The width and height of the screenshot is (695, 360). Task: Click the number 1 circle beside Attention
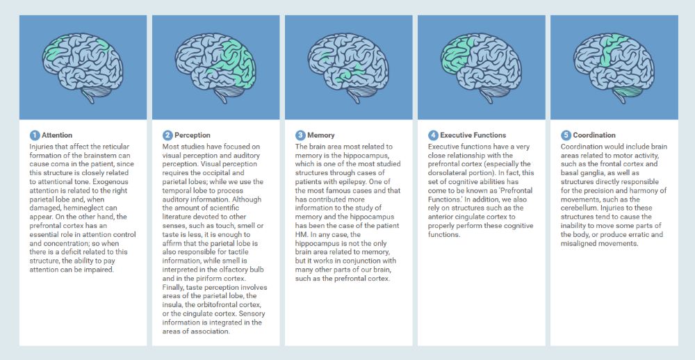(x=35, y=136)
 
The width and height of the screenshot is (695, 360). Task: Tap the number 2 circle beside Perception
(x=167, y=136)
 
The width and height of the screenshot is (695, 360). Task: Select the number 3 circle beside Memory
(x=300, y=136)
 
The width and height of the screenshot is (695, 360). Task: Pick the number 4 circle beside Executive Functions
(x=433, y=136)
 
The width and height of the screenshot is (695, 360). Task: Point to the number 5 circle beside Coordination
(x=566, y=136)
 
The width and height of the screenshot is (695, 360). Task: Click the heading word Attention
(x=57, y=136)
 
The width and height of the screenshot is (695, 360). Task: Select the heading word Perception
(x=193, y=136)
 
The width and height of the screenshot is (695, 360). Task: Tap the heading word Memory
(x=321, y=136)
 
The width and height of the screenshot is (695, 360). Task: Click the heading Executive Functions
(x=473, y=136)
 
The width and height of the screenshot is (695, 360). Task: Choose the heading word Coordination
(x=594, y=136)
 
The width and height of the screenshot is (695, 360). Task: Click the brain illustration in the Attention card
(x=83, y=67)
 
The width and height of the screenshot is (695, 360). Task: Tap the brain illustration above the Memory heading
(x=348, y=67)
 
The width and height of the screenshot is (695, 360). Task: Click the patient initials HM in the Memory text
(x=300, y=234)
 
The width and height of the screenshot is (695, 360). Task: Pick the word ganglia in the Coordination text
(x=590, y=173)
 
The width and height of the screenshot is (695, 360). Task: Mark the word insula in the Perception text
(x=172, y=305)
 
